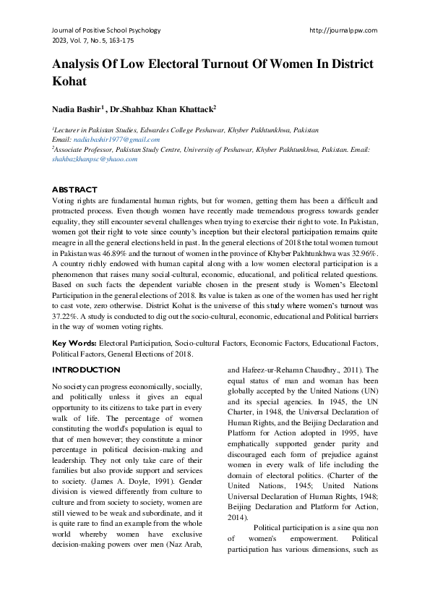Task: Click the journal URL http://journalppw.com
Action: [343, 30]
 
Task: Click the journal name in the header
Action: [106, 30]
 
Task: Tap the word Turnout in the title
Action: [220, 64]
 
